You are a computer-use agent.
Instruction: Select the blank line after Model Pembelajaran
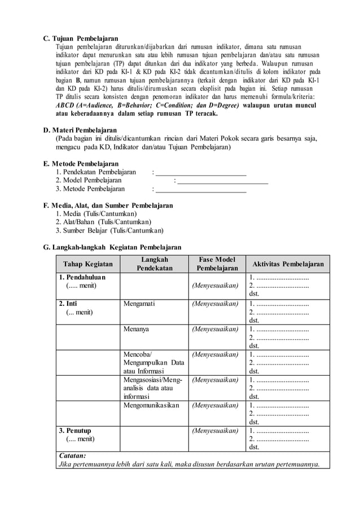tap(223, 181)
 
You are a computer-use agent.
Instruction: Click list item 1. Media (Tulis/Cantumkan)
tap(96, 214)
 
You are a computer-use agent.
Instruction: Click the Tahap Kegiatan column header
tap(87, 264)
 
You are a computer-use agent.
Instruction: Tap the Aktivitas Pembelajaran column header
tap(288, 264)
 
